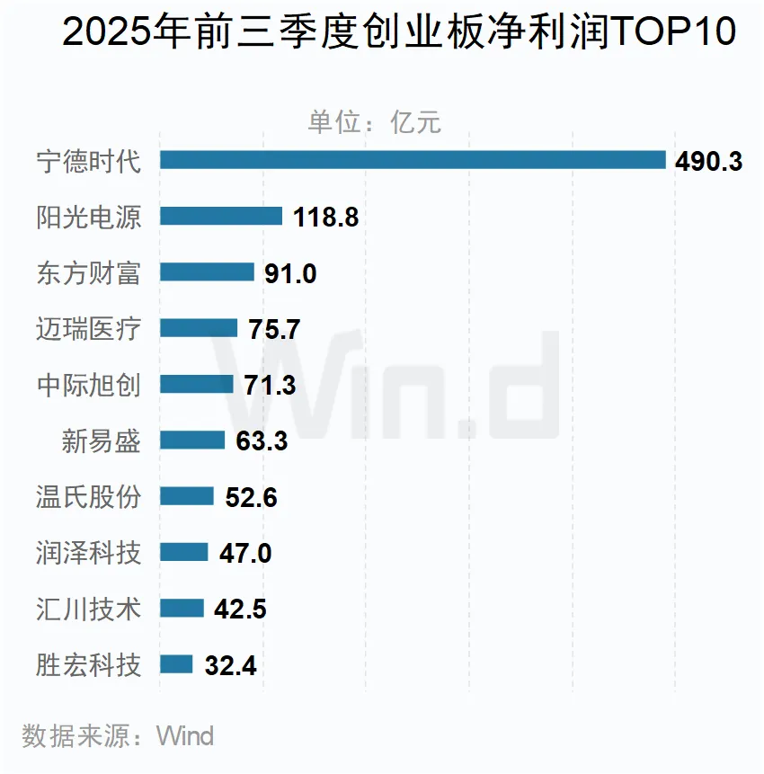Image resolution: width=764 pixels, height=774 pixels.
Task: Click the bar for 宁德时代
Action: coord(413,160)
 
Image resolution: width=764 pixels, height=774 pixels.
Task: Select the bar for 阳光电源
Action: coord(221,216)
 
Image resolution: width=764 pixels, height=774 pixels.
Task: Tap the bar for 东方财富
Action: coord(207,272)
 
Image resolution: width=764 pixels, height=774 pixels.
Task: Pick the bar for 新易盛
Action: coord(192,440)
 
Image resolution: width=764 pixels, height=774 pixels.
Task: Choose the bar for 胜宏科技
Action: coord(176,664)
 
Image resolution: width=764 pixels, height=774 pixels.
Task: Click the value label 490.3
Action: coord(708,162)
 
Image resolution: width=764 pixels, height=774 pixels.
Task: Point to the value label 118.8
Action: coord(326,218)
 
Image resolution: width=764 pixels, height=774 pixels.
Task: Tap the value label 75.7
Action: coord(274,330)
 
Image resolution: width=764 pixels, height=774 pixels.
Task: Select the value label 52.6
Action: coord(251,497)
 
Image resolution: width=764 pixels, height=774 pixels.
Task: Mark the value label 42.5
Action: coord(240,609)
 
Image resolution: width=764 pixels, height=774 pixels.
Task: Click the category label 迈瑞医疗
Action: coord(89,328)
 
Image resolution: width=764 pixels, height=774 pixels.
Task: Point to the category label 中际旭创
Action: coord(89,384)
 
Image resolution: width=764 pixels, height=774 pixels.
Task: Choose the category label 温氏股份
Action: coord(89,496)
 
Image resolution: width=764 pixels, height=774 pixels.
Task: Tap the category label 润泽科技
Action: coord(89,552)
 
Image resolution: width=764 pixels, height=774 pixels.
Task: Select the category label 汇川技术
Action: coord(89,609)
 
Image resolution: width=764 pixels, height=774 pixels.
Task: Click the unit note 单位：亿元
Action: coord(375,122)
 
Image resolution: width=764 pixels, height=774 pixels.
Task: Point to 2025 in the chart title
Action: coord(100,34)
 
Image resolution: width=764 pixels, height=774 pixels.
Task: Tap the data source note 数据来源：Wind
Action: coord(118,736)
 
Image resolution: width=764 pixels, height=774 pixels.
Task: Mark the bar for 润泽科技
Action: coord(184,552)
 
